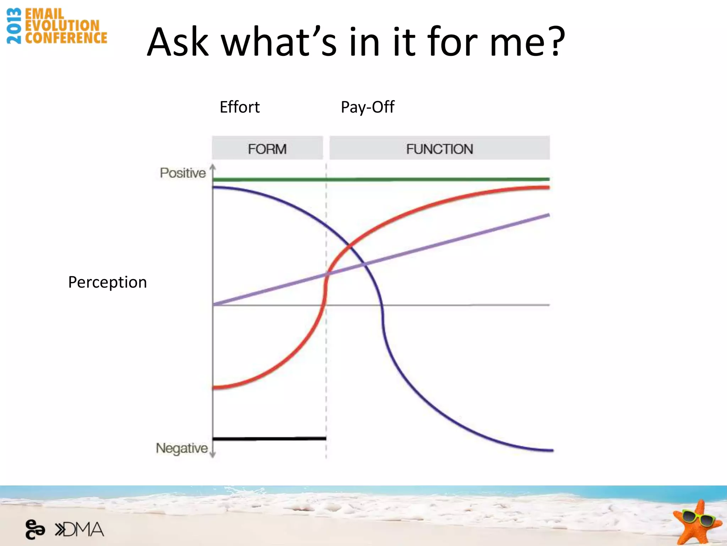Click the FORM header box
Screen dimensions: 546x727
tap(267, 148)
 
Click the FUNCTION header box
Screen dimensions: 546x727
tap(439, 148)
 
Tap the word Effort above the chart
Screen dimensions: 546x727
tap(240, 107)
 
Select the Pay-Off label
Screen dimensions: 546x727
tap(367, 107)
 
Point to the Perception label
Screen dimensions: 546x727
tap(107, 282)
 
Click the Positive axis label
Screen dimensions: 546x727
tap(182, 173)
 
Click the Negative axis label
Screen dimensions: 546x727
tap(182, 448)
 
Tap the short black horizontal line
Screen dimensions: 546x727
tap(269, 439)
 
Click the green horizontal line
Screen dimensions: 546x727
tap(381, 180)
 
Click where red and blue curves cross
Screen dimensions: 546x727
tap(350, 245)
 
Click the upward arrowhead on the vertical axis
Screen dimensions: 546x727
tap(213, 166)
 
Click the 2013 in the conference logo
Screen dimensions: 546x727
tap(14, 26)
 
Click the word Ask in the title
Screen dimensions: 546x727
tap(177, 42)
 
